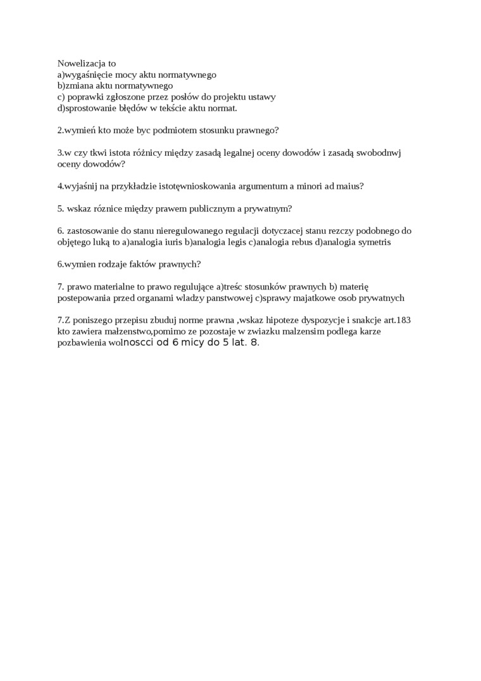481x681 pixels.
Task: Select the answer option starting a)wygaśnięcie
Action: coord(137,75)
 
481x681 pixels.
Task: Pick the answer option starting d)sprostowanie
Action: coord(147,108)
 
